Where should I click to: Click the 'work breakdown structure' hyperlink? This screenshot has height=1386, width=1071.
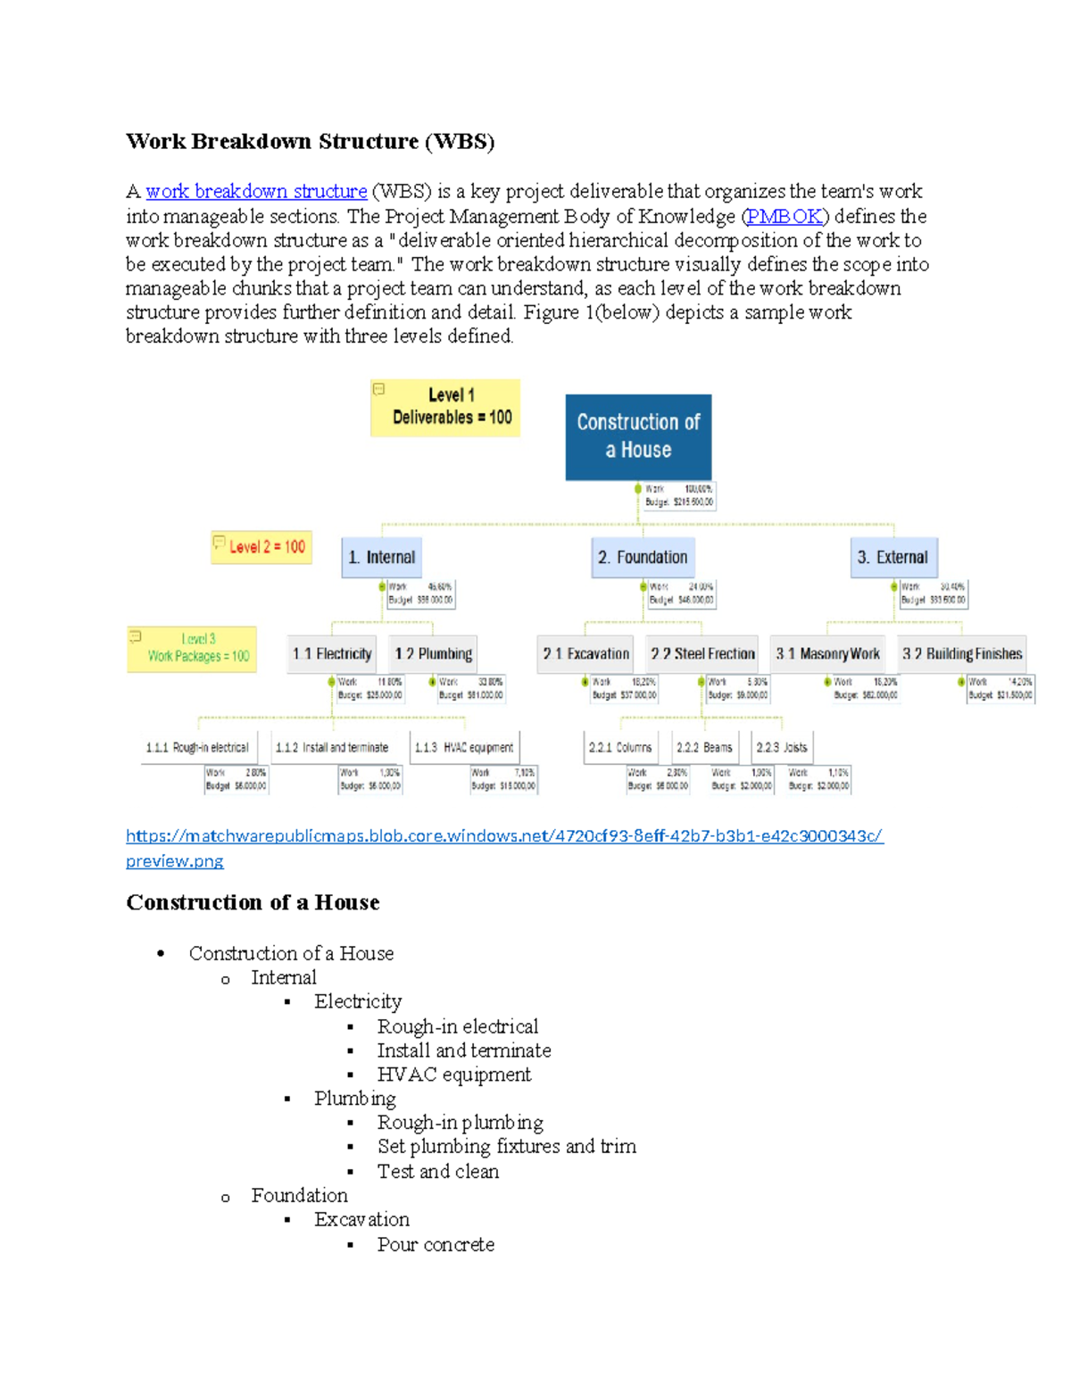256,191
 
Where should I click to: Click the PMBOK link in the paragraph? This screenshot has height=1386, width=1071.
785,216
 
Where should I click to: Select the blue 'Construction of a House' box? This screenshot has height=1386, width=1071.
638,436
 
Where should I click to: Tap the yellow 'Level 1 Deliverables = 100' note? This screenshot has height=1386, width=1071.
445,407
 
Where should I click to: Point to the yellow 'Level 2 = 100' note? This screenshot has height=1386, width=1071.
260,547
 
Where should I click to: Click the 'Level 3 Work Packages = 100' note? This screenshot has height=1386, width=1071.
192,648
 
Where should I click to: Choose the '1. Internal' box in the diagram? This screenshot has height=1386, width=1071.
381,557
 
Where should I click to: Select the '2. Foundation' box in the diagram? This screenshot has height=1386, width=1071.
643,557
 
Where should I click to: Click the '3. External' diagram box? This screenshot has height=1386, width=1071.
892,557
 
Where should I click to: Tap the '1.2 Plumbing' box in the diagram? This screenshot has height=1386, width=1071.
434,654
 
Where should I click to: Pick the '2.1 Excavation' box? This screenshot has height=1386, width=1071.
585,654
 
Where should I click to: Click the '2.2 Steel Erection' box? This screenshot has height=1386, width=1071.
702,654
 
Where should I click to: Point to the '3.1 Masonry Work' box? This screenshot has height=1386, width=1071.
827,654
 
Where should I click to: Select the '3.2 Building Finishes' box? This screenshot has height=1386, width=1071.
961,654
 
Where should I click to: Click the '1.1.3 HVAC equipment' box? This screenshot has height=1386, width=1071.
465,747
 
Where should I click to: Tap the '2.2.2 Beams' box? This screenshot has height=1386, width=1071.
704,747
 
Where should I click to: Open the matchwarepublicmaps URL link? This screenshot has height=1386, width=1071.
504,836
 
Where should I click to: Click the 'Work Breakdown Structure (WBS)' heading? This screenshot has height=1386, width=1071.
310,141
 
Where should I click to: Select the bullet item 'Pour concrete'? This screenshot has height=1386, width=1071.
436,1244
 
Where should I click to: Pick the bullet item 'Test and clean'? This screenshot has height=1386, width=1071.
437,1171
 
